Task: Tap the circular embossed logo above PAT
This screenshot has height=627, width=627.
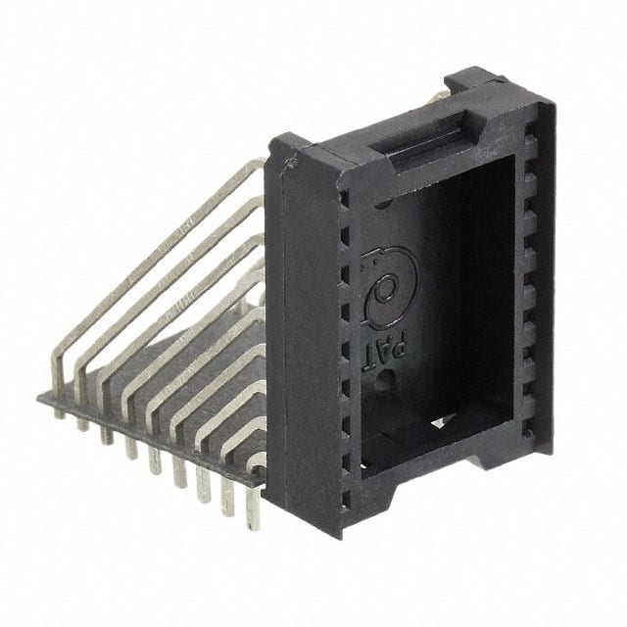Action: tap(389, 286)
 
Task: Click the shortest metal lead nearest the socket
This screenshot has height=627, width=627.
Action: tap(257, 460)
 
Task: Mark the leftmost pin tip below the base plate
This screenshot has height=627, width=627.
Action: tap(60, 412)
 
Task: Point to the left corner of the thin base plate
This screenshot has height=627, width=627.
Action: tap(41, 398)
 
